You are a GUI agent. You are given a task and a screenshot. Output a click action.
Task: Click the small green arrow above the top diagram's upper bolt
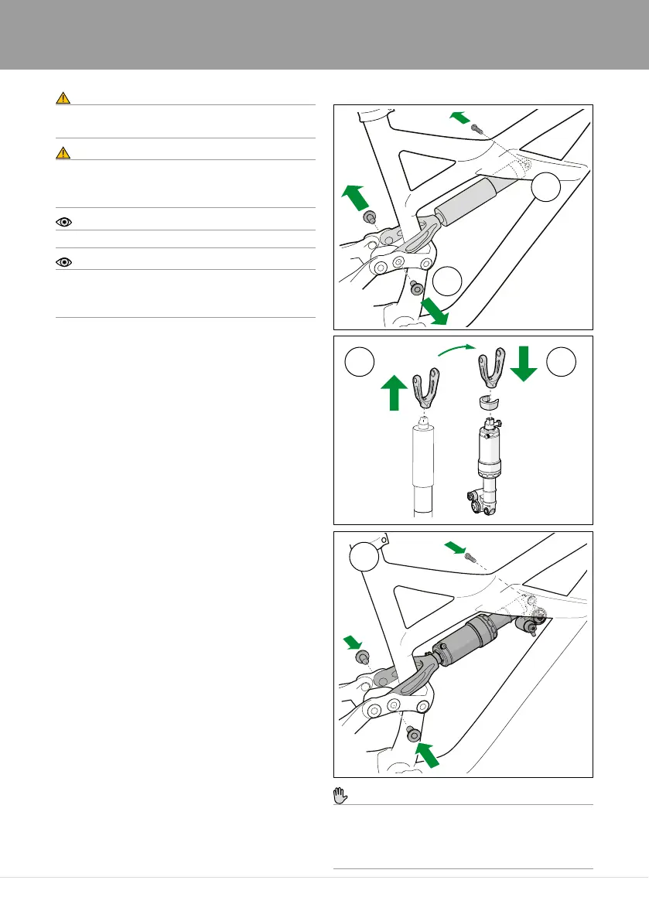point(459,118)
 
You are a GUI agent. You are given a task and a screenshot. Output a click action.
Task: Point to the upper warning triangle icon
point(63,98)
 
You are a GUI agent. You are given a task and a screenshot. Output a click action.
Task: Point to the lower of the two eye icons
point(63,263)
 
